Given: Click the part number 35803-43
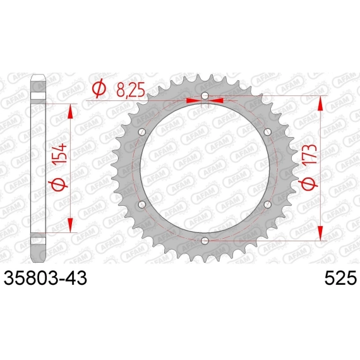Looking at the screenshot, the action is pyautogui.click(x=45, y=277).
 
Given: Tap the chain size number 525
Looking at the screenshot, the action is pyautogui.click(x=340, y=277).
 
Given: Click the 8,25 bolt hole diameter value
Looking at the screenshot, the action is pyautogui.click(x=131, y=90).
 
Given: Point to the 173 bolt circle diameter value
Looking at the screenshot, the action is pyautogui.click(x=309, y=154).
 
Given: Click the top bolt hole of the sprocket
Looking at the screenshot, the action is pyautogui.click(x=205, y=95).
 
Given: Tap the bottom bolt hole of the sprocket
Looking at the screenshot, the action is pyautogui.click(x=205, y=241).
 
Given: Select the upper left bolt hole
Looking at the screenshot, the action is pyautogui.click(x=142, y=132).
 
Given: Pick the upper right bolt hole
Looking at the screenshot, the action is pyautogui.click(x=268, y=132).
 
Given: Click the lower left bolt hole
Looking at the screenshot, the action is pyautogui.click(x=142, y=204).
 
